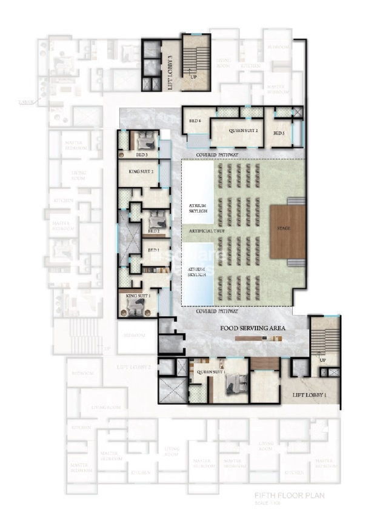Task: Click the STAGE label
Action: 282,228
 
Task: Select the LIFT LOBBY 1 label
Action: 309,395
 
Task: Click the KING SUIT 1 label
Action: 137,295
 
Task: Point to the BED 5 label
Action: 278,133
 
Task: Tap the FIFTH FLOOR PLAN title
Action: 290,495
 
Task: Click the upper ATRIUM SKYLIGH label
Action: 198,209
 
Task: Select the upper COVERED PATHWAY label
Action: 217,156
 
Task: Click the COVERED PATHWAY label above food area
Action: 216,311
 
